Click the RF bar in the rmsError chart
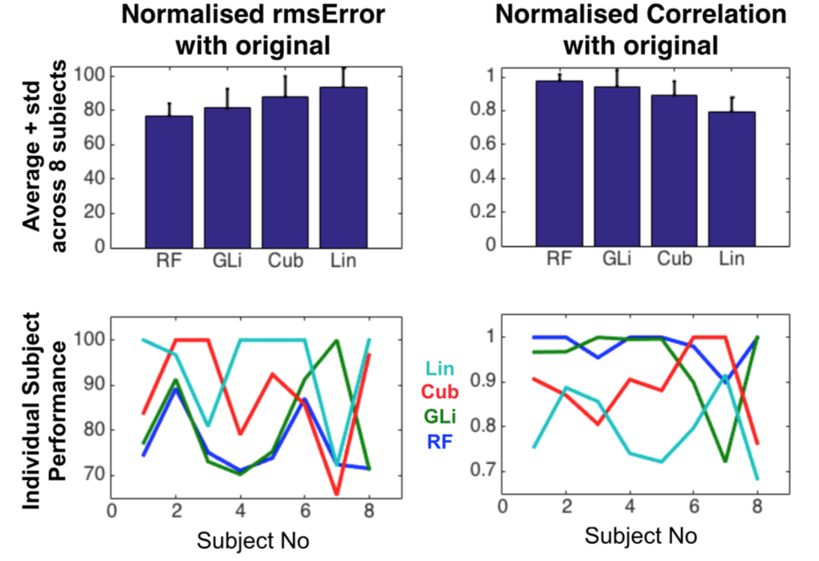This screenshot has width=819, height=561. (x=168, y=181)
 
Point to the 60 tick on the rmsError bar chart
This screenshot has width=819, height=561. (x=96, y=145)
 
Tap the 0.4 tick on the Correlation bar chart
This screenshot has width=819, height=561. (x=490, y=177)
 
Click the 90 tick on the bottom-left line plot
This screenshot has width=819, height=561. (x=95, y=385)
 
